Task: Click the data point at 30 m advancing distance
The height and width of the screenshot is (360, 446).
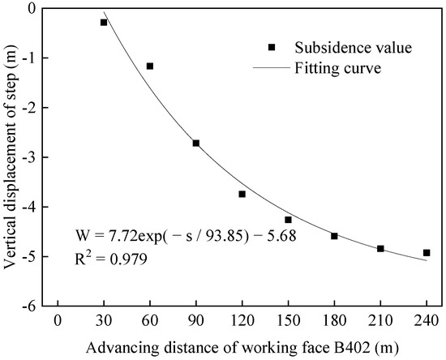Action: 104,22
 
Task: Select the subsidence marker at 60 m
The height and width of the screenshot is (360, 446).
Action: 150,66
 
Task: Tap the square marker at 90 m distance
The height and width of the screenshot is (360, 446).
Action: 196,143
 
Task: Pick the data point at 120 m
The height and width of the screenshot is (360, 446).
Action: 242,194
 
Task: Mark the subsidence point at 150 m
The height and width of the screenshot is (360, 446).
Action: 288,220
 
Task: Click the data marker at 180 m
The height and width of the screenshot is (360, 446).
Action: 334,236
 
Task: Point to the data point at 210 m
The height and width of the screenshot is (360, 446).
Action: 380,248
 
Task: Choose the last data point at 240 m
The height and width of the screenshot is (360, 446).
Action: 427,253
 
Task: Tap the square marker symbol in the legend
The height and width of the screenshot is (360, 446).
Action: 281,48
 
